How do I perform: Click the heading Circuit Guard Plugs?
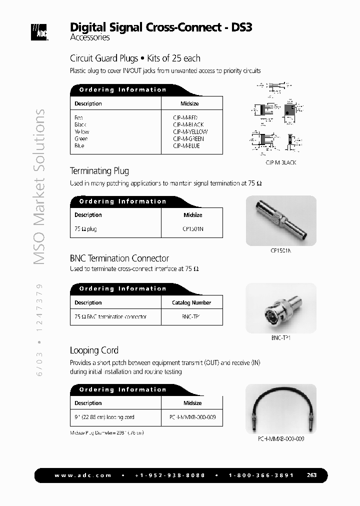pyautogui.click(x=103, y=58)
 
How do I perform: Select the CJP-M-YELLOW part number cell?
pyautogui.click(x=190, y=131)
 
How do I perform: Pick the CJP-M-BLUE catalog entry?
pyautogui.click(x=186, y=145)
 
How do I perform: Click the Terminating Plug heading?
pyautogui.click(x=99, y=171)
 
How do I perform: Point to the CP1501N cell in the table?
pyautogui.click(x=193, y=229)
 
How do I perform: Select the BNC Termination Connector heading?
pyautogui.click(x=119, y=258)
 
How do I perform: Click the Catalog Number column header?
pyautogui.click(x=191, y=302)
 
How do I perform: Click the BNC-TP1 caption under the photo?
pyautogui.click(x=280, y=337)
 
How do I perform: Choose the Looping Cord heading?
pyautogui.click(x=94, y=350)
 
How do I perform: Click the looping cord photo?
pyautogui.click(x=280, y=408)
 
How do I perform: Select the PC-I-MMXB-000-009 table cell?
pyautogui.click(x=192, y=417)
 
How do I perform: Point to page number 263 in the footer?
pyautogui.click(x=312, y=475)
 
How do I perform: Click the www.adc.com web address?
pyautogui.click(x=83, y=475)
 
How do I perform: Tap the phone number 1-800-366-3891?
pyautogui.click(x=261, y=475)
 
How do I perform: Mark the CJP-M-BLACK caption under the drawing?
pyautogui.click(x=280, y=162)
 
